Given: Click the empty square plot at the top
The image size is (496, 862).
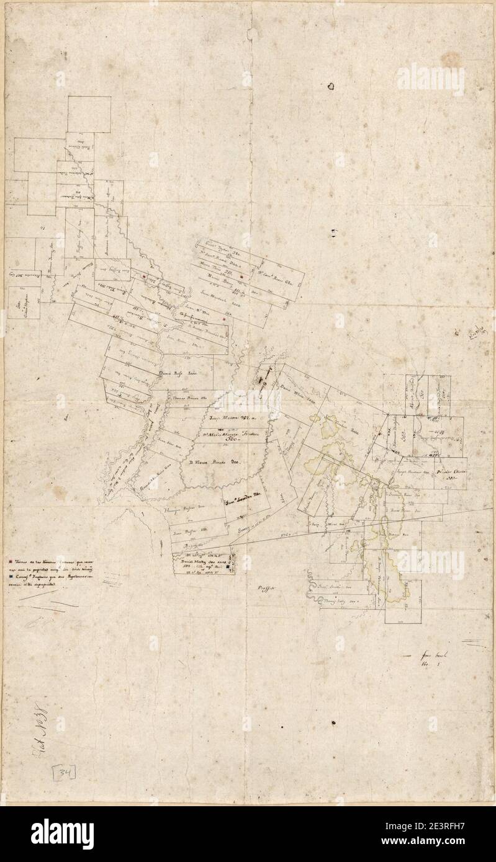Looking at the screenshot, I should click(x=89, y=114).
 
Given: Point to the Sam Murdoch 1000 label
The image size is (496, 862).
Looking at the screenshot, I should click(x=215, y=297).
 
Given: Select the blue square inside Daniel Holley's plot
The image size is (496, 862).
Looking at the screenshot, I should click(x=228, y=566).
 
